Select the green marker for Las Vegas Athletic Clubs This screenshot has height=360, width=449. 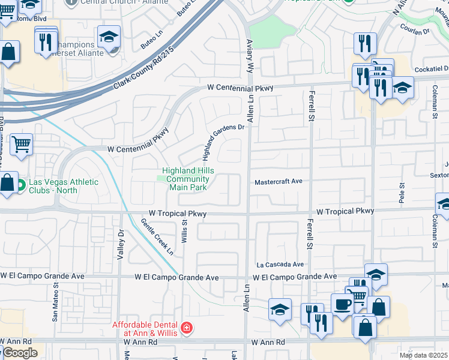tap(21, 184)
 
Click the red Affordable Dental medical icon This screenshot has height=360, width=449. tap(187, 328)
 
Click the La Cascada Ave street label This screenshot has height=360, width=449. tap(280, 264)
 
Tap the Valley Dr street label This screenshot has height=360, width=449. tap(121, 243)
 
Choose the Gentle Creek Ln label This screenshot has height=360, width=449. tap(157, 237)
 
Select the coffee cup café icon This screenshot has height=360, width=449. tap(343, 304)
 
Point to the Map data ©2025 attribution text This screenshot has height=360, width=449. tap(424, 355)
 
